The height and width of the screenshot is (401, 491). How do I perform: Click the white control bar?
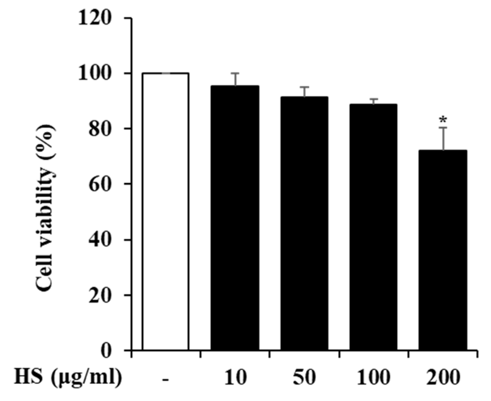(165, 211)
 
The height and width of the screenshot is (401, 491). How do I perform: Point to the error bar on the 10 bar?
(235, 79)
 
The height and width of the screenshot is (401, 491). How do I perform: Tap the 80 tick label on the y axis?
(102, 129)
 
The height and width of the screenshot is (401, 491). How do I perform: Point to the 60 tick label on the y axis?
(102, 184)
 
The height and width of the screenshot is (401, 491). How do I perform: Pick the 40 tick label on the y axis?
(102, 240)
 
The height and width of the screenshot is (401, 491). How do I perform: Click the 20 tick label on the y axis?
(102, 295)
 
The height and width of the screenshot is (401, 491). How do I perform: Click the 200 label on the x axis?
(443, 377)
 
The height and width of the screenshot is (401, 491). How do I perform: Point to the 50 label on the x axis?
(304, 377)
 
